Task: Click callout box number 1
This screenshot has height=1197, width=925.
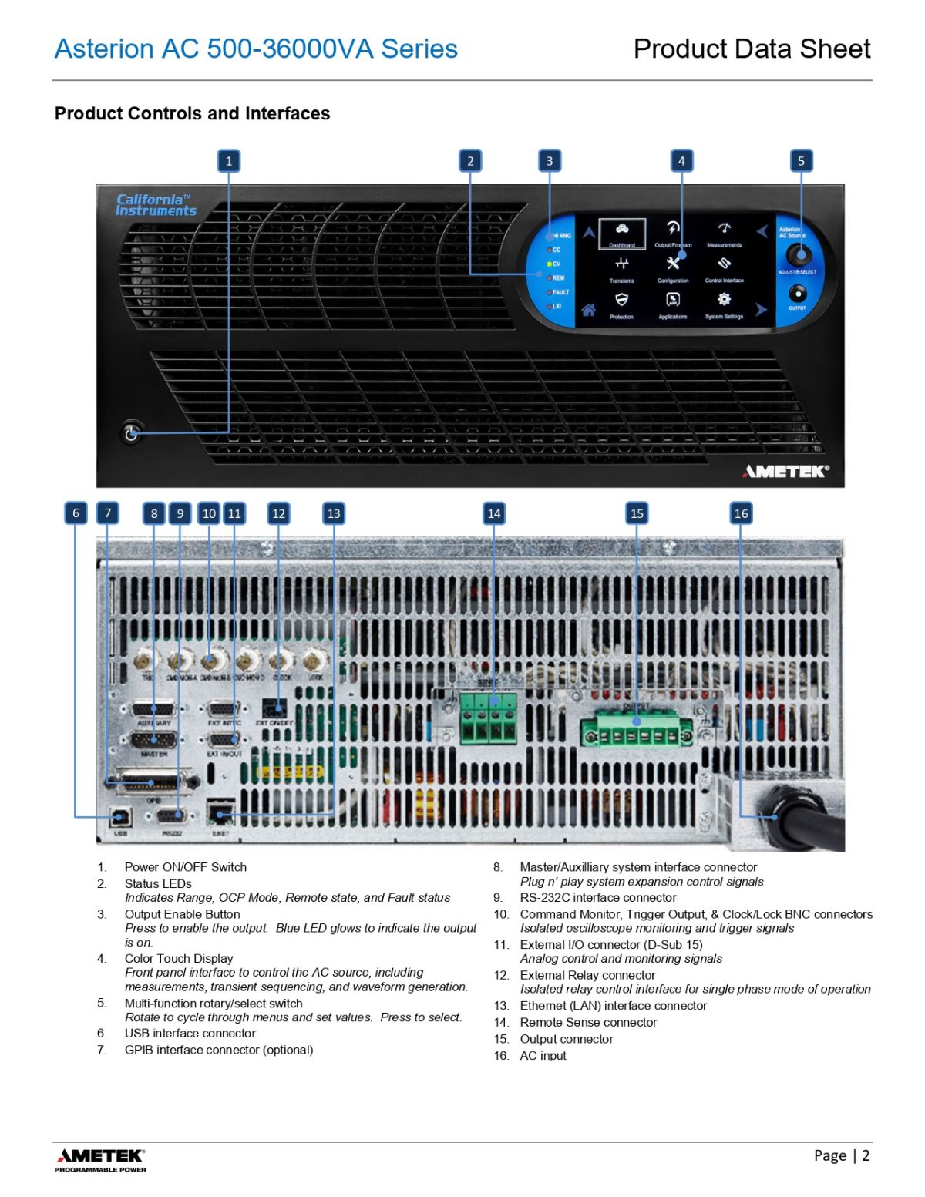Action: click(228, 161)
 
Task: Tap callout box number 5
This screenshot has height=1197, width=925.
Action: click(801, 161)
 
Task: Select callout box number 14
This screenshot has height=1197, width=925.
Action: click(494, 513)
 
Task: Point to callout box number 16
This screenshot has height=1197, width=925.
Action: click(741, 513)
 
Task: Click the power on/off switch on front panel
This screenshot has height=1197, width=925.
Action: click(131, 432)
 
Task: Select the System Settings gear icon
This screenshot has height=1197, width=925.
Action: click(724, 300)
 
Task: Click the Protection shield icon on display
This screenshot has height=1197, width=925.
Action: click(621, 300)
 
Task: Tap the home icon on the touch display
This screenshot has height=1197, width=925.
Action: click(588, 311)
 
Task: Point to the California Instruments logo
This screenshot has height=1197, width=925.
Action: click(156, 205)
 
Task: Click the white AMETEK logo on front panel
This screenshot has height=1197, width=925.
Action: click(785, 471)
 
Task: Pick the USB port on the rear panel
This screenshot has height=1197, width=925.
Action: click(120, 816)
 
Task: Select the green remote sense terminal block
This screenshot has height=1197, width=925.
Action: click(489, 717)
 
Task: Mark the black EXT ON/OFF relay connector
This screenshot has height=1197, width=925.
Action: click(273, 708)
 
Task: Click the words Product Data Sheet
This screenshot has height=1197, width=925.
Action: click(752, 49)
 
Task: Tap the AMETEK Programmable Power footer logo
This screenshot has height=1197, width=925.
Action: click(100, 1159)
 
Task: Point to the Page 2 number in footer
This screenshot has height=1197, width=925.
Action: click(842, 1155)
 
